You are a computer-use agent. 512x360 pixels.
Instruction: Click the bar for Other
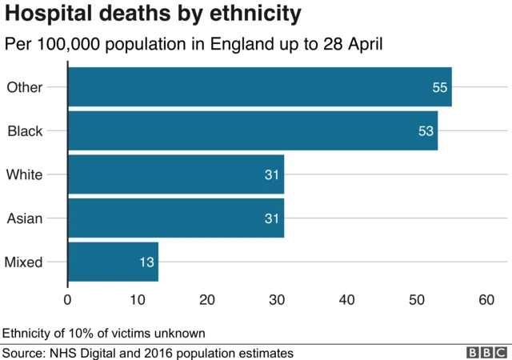pos(260,87)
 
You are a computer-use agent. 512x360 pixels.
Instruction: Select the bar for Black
pos(253,130)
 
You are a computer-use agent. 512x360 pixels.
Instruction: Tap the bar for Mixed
pos(113,262)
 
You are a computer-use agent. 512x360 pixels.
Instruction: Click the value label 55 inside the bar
pos(440,87)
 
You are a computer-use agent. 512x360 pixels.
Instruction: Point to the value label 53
pos(426,130)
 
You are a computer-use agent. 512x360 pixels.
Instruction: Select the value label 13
pos(146,262)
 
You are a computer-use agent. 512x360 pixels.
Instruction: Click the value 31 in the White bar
pos(272,174)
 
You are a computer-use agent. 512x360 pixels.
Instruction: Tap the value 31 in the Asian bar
pos(272,218)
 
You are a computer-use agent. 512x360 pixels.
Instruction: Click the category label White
pos(24,174)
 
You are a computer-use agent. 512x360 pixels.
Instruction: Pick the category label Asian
pos(24,218)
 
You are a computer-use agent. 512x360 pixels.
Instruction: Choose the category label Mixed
pos(24,262)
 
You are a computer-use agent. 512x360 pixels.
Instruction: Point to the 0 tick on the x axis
pos(68,300)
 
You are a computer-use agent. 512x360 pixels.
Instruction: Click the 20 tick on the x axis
pos(207,300)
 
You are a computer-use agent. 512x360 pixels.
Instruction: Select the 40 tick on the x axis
pos(346,300)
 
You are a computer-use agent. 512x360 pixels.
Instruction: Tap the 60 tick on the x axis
pos(486,300)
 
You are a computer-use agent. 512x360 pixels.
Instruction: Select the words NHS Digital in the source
pos(86,353)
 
